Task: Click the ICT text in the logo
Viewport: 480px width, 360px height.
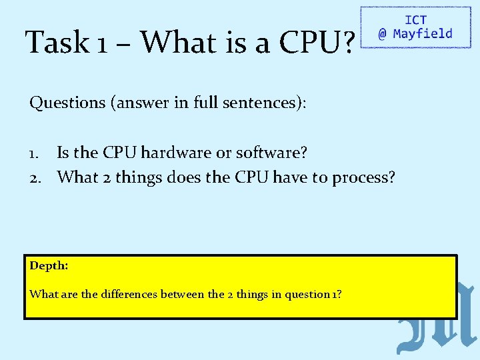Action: pos(415,21)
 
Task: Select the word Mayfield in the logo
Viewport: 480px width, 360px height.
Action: pos(423,34)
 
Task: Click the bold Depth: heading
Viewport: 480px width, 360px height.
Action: pos(49,265)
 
